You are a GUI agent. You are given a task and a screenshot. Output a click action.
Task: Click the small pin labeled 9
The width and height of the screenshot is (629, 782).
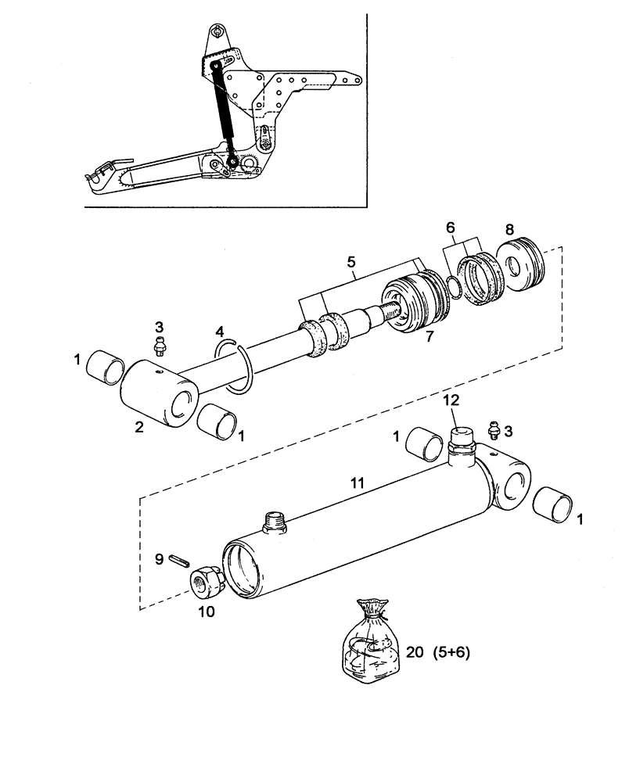(179, 560)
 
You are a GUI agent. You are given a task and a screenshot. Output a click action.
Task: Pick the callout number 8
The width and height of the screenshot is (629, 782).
(510, 230)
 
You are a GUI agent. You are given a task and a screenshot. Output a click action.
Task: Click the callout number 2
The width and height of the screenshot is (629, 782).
(138, 426)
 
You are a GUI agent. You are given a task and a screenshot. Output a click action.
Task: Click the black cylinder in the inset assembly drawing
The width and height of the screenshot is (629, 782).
(223, 113)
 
